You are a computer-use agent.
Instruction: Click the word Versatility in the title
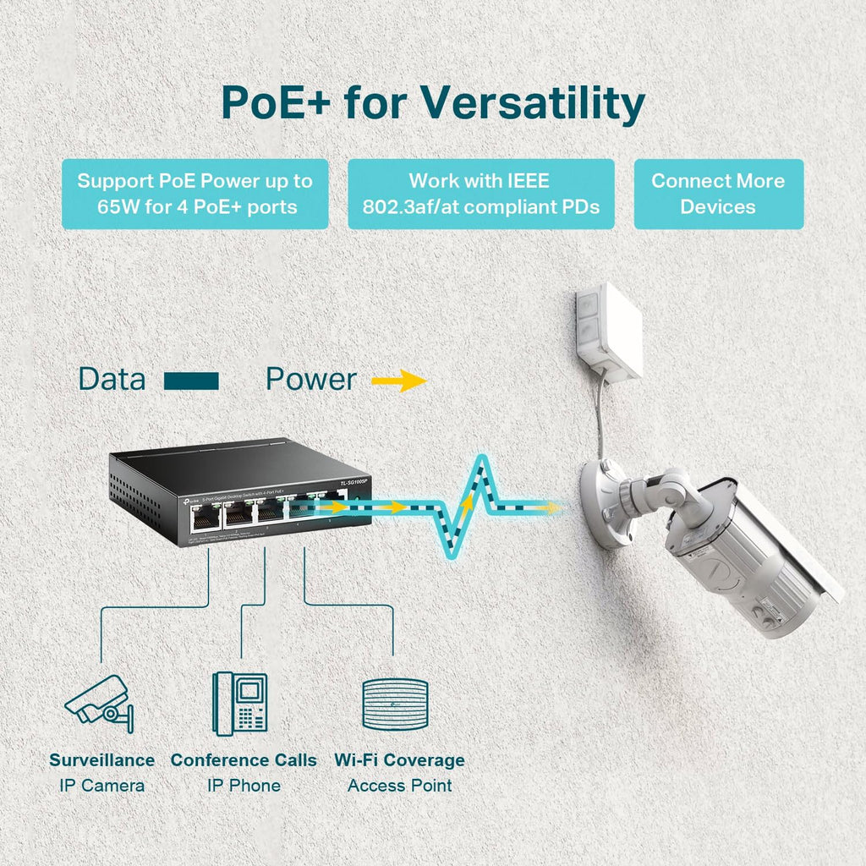point(533,103)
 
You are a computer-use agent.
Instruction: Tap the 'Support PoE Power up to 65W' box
point(195,194)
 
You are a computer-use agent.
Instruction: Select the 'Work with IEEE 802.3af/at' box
point(480,194)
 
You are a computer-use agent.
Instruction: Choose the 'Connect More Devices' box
point(718,194)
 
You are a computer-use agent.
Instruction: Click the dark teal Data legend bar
point(191,381)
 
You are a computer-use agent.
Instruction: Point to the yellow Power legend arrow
point(398,381)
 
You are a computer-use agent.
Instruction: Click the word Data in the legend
point(112,380)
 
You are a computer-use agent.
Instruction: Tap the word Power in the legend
point(310,380)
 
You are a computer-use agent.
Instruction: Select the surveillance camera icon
point(101,701)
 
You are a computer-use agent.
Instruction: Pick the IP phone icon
point(239,701)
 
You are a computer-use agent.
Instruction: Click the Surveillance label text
point(101,760)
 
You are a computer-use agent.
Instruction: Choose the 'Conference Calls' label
point(244,760)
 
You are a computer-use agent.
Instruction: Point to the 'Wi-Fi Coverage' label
point(399,760)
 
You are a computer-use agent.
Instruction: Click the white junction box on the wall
point(610,332)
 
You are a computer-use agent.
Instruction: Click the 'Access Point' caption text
point(399,786)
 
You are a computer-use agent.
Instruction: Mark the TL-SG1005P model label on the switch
point(354,483)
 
